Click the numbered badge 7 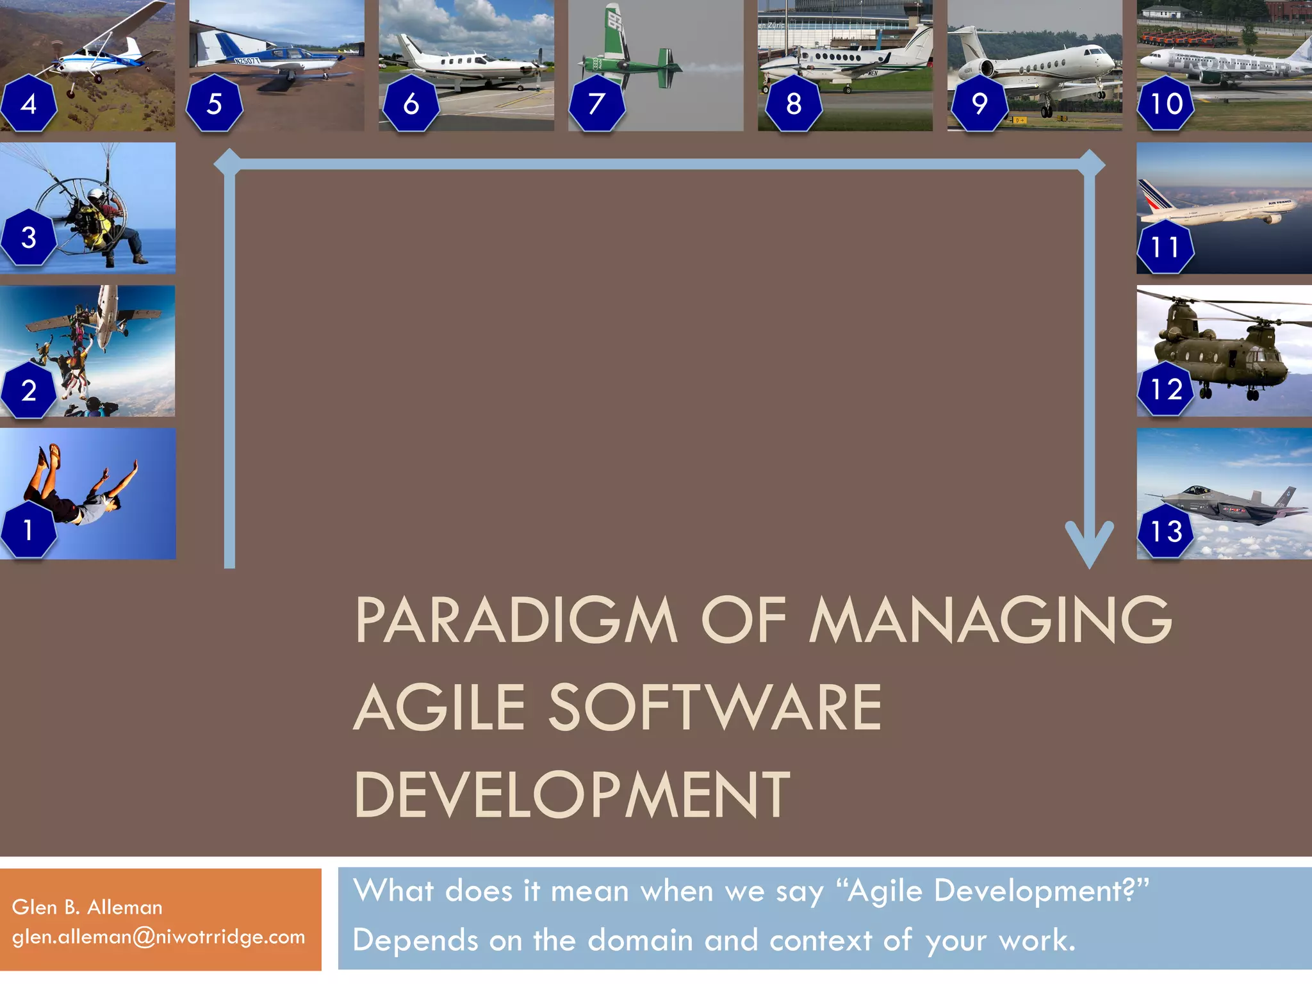click(x=596, y=103)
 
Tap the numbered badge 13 click(x=1165, y=530)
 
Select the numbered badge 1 click(x=28, y=530)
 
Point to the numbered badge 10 click(x=1165, y=103)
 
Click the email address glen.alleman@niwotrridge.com click(x=158, y=937)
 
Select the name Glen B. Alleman click(x=87, y=907)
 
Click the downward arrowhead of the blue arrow click(x=1089, y=545)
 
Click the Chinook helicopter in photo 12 click(x=1224, y=346)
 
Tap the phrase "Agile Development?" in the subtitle click(x=997, y=890)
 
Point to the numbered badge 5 click(x=214, y=103)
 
